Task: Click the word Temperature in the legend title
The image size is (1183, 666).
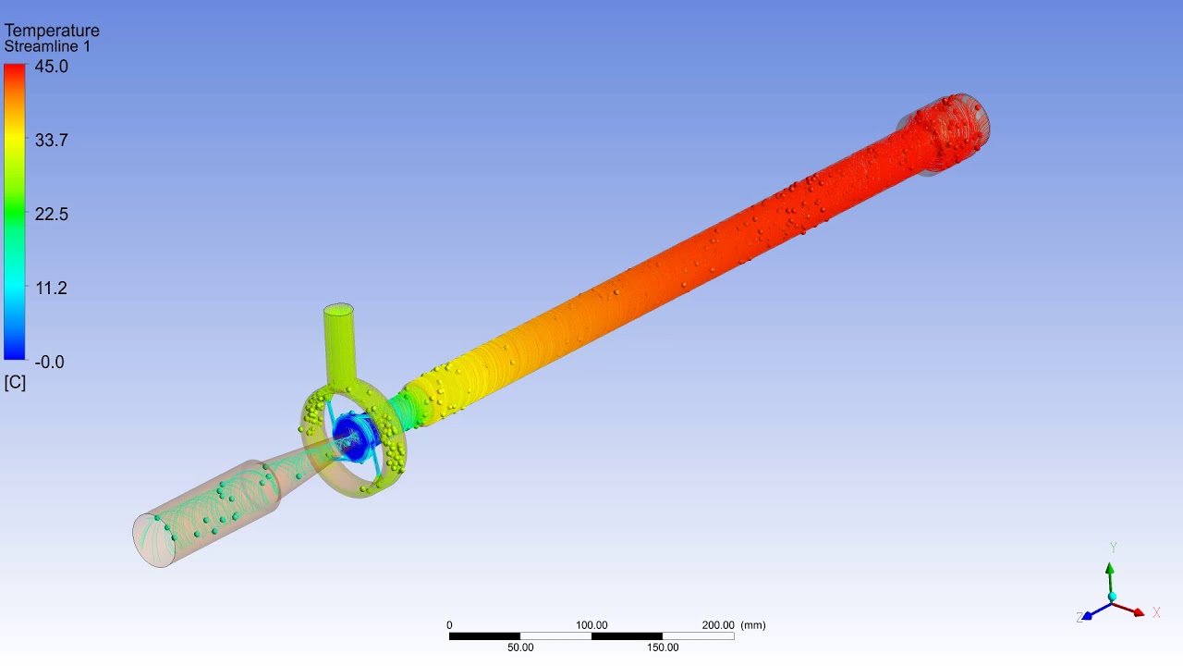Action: point(52,31)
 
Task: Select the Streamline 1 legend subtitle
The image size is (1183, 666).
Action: point(47,46)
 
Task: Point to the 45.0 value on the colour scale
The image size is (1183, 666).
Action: point(51,67)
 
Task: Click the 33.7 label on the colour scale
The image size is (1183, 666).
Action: point(51,140)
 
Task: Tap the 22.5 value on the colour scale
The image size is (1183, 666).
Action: point(51,214)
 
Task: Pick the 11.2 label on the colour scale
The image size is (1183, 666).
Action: point(51,288)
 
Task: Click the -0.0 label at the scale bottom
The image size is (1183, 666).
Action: point(49,362)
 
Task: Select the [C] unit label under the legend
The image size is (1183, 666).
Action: point(15,382)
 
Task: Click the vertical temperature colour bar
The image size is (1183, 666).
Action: point(14,212)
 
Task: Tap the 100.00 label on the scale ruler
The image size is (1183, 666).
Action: point(591,625)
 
